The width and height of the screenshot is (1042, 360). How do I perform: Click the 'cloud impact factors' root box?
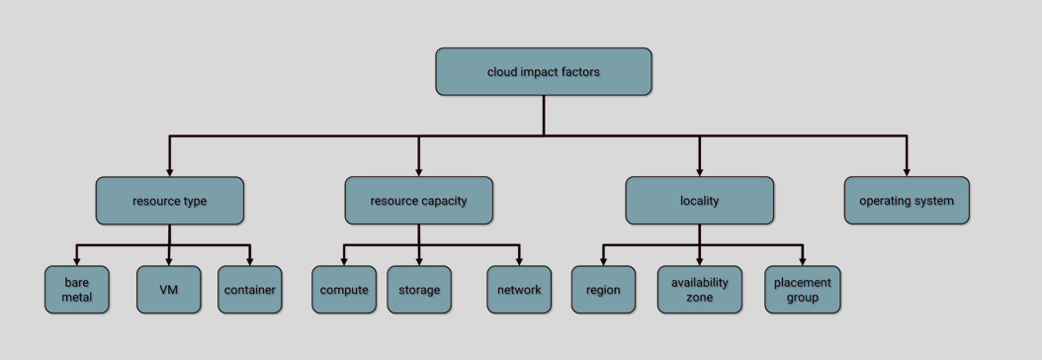click(543, 72)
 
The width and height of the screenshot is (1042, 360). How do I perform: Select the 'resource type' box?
click(169, 201)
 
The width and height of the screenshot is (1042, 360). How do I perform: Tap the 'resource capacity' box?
click(418, 201)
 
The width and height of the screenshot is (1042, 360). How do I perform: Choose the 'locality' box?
click(699, 201)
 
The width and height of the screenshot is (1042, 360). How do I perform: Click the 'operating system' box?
click(906, 201)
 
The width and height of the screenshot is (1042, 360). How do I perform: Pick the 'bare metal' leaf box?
click(76, 290)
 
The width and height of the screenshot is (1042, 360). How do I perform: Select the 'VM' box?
click(168, 290)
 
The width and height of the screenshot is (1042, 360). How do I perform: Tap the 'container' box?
click(249, 290)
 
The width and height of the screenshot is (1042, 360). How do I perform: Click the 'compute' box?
click(344, 290)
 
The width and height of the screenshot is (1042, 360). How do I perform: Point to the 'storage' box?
click(418, 290)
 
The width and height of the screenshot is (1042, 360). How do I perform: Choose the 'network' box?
click(519, 290)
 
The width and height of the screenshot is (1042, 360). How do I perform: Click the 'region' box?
click(603, 290)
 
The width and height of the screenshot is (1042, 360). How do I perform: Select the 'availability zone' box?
click(699, 290)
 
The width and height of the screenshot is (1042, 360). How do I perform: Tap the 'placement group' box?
click(802, 290)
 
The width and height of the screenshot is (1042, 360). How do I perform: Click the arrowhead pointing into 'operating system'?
click(906, 171)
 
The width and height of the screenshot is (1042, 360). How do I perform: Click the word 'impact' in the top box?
click(543, 72)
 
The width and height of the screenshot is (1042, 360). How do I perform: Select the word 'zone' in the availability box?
click(699, 297)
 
